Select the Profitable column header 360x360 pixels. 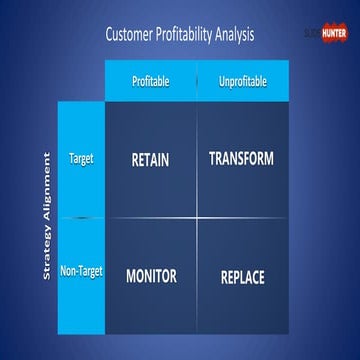pos(151,80)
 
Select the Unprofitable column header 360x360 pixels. pos(242,80)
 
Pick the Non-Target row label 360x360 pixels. pos(82,271)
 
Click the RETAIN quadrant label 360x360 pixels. pos(150,160)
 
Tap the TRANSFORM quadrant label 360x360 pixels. pos(242,159)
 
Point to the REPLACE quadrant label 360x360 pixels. pos(242,277)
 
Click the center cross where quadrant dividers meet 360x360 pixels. pos(197,216)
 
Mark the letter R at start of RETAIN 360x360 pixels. pos(135,160)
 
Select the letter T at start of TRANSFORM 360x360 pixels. pos(213,159)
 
